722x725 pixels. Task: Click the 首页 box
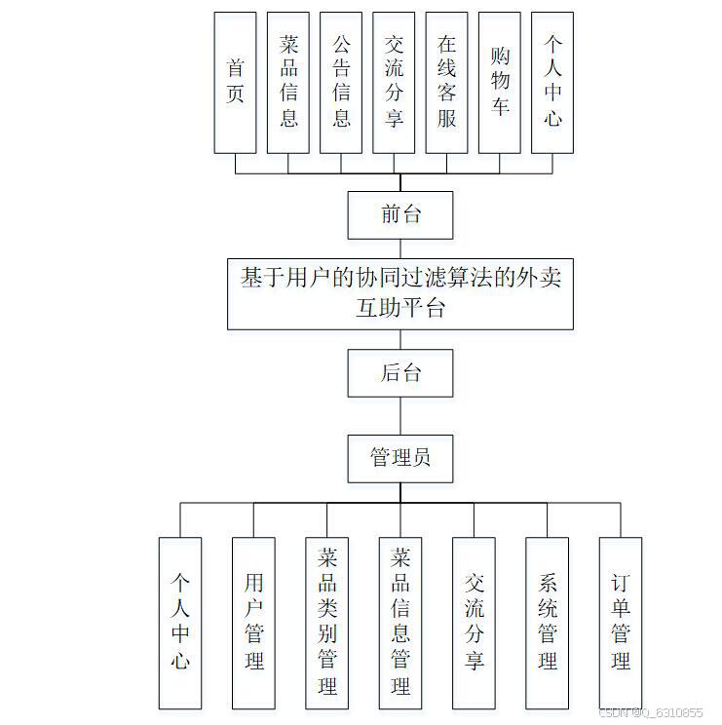[235, 82]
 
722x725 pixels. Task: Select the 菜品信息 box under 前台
[288, 82]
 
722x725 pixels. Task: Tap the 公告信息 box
[341, 82]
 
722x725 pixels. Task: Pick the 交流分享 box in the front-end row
[394, 82]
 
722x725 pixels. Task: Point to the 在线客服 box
[446, 82]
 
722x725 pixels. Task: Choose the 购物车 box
[500, 82]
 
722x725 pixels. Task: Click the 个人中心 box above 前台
[552, 82]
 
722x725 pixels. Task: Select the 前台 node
[400, 214]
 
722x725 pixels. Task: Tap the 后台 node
[400, 372]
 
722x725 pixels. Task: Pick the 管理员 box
[400, 458]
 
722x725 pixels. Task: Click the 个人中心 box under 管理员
[180, 623]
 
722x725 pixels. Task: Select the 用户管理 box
[253, 623]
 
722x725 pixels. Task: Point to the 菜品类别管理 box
[327, 623]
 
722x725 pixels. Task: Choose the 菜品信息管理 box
[400, 623]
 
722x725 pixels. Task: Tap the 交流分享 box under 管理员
[475, 623]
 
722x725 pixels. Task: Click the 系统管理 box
[548, 623]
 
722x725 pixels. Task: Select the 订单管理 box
[621, 623]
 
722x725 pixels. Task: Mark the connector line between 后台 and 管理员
[400, 415]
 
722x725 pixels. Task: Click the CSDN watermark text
[650, 712]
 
